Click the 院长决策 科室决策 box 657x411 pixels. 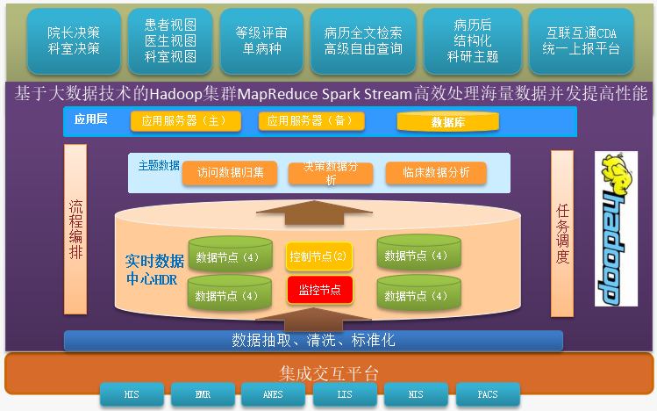(x=74, y=41)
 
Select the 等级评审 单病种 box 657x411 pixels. (x=261, y=41)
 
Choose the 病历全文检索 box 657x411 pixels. (x=362, y=41)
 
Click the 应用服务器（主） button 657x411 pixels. (x=184, y=121)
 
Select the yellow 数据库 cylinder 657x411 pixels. (x=448, y=122)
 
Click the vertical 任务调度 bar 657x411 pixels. (x=562, y=234)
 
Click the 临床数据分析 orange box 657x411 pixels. (x=436, y=173)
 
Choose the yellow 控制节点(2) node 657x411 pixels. (x=318, y=256)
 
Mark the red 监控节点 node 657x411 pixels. (x=319, y=288)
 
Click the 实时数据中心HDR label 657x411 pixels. (x=154, y=270)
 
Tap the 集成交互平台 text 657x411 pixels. (x=328, y=374)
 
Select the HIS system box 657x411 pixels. (x=132, y=394)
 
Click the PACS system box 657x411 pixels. (x=488, y=394)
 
